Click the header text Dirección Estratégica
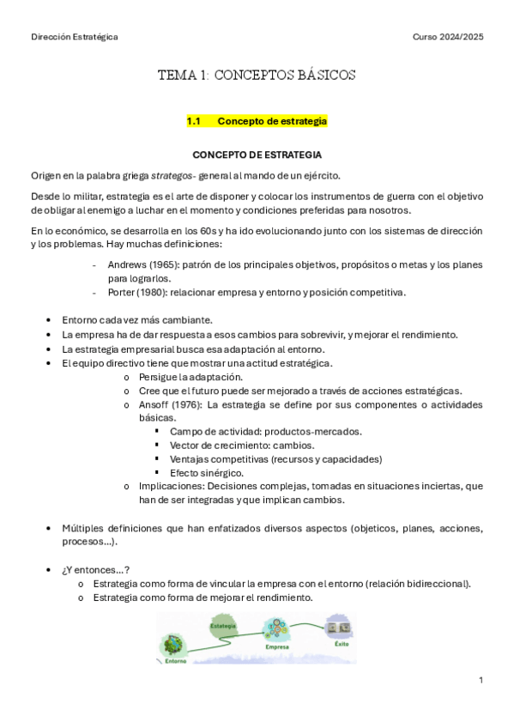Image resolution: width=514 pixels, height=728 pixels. click(x=75, y=37)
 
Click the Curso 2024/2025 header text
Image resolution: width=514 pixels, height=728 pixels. click(x=448, y=37)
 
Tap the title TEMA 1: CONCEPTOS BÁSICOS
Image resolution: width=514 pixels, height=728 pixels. click(x=257, y=76)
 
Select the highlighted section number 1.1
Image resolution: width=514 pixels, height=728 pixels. click(x=193, y=121)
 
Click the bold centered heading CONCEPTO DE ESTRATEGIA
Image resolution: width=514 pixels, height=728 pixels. click(x=257, y=155)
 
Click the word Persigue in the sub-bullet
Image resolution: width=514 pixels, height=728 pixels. click(x=156, y=377)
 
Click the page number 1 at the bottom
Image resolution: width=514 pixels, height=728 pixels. click(x=481, y=680)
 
